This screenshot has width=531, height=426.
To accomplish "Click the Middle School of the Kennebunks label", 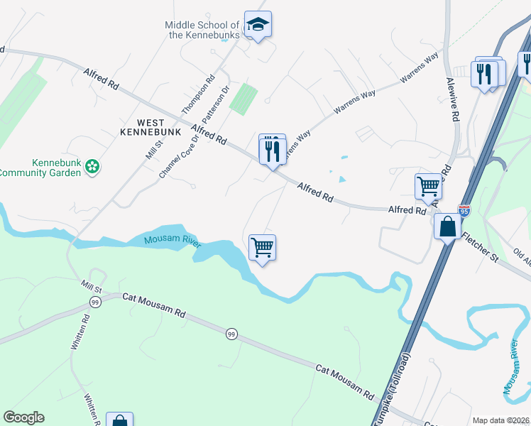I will (202, 29).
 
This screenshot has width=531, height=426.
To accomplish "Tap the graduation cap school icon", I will (258, 25).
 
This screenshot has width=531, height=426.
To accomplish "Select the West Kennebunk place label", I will (142, 127).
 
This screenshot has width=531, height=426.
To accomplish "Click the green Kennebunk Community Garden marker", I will (92, 167).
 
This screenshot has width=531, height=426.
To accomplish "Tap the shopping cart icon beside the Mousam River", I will (262, 247).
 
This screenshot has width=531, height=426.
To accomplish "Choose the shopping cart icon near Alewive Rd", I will (428, 186).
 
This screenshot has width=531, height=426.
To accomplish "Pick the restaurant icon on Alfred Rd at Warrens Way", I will (273, 150).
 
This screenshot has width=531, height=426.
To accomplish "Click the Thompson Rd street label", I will (198, 95).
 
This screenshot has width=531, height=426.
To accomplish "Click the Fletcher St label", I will (481, 246).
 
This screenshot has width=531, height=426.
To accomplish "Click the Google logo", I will (23, 417).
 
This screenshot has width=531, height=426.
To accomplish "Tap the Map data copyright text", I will (500, 420).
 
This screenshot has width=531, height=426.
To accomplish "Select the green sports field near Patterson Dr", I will (243, 99).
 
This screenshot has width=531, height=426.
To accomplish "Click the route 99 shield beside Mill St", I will (96, 302).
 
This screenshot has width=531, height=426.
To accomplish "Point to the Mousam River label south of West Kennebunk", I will (169, 241).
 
